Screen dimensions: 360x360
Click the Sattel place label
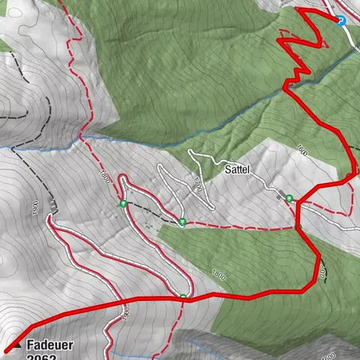[x=238, y=170]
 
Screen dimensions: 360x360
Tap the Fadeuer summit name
[x=50, y=346]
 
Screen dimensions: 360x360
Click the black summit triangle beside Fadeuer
[x=16, y=346]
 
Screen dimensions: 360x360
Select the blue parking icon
[x=342, y=21]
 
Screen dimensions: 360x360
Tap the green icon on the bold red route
[x=183, y=298]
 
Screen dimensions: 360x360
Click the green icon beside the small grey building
[x=288, y=198]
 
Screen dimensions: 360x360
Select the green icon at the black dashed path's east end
[x=182, y=221]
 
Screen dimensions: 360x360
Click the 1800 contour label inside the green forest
[x=218, y=274]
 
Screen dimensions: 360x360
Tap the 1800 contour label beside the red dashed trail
[x=104, y=177]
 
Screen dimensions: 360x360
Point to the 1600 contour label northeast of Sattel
[x=302, y=148]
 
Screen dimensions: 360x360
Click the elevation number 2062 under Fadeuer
[x=40, y=357]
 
